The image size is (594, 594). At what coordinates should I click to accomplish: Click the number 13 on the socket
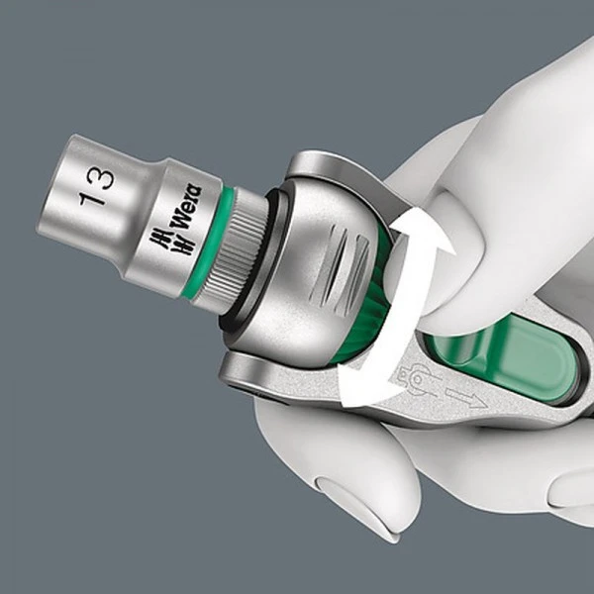tap(99, 186)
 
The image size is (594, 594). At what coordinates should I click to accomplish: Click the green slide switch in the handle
tap(515, 351)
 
